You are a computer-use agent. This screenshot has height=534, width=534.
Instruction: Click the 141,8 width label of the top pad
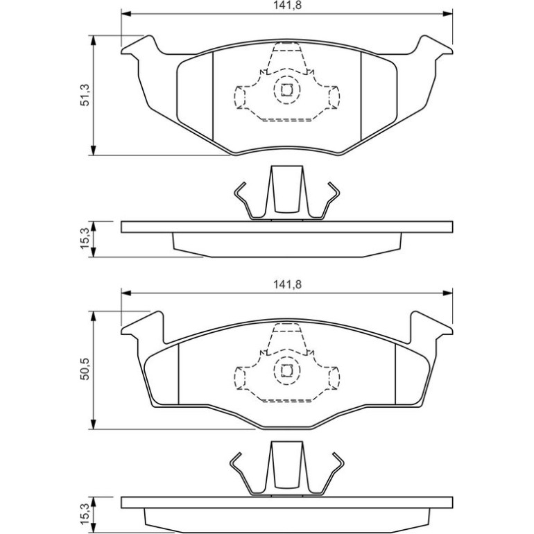tap(287, 6)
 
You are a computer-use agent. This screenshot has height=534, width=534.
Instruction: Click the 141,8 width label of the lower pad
tap(287, 284)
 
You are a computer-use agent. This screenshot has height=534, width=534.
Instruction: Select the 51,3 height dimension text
tap(85, 95)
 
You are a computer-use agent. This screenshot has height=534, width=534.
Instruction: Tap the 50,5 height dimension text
tap(85, 369)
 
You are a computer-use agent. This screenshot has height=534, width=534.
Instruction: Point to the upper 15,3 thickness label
tap(85, 239)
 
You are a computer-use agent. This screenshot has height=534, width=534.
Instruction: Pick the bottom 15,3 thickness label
tap(85, 514)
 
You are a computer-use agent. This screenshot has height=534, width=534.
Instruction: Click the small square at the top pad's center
tap(286, 90)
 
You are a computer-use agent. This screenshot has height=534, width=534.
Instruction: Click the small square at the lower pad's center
tap(286, 370)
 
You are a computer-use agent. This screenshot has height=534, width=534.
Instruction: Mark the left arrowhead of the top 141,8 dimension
tap(126, 14)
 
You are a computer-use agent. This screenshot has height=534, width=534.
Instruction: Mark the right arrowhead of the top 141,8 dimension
tap(447, 14)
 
